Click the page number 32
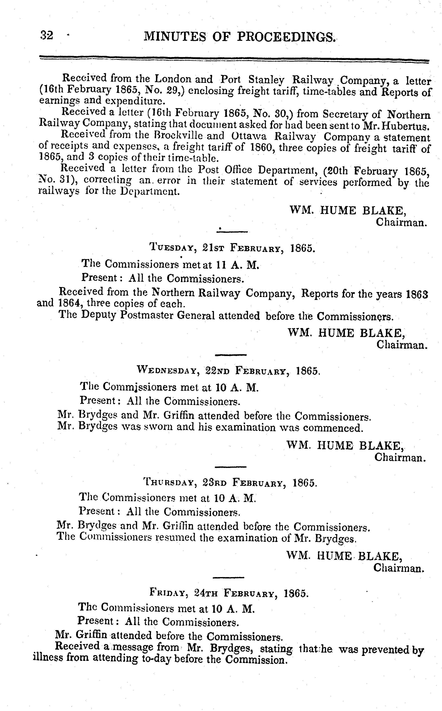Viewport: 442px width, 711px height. click(47, 35)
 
